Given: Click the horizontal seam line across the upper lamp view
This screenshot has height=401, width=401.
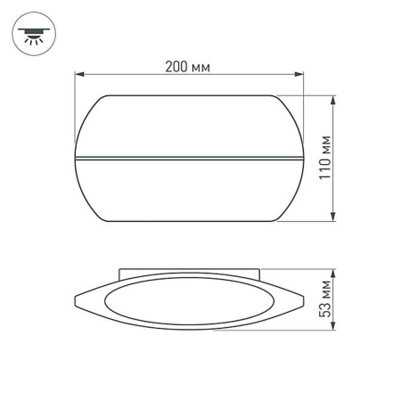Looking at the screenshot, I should pos(189,160).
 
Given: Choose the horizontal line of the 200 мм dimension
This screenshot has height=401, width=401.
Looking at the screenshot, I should pos(134,76).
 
